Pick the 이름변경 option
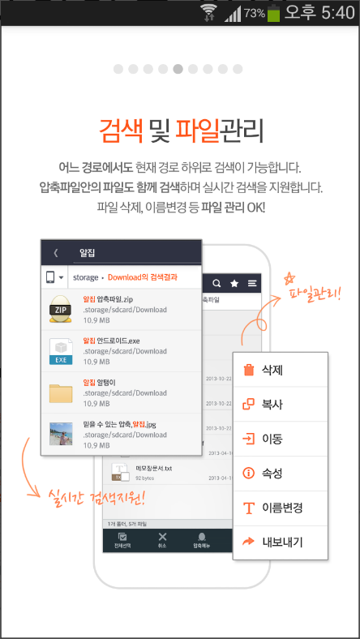click(x=280, y=508)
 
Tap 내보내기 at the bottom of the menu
click(x=280, y=542)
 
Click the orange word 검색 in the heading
click(x=120, y=130)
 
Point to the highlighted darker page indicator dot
click(x=178, y=69)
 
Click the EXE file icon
click(x=61, y=350)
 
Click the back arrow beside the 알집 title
click(x=55, y=252)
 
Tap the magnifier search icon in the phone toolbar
click(x=216, y=284)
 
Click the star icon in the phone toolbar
click(x=235, y=284)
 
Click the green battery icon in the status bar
click(x=273, y=13)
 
